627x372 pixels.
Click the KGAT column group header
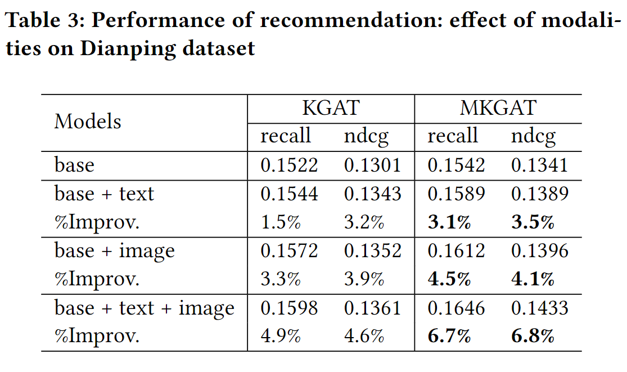tap(331, 107)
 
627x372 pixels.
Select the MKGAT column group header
tap(498, 107)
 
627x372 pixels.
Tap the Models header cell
tap(88, 122)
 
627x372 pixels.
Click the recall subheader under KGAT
tap(286, 136)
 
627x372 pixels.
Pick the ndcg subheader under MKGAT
tap(533, 137)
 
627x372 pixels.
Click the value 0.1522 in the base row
tap(289, 165)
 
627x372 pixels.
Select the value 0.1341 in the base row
tap(539, 165)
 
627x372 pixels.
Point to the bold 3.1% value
tap(449, 222)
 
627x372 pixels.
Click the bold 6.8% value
tap(533, 337)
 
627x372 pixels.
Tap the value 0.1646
tap(456, 308)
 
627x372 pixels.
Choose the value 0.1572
tap(289, 250)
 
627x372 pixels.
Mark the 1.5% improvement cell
tap(281, 222)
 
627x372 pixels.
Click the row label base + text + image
tap(145, 308)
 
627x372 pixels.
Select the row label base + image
tap(115, 251)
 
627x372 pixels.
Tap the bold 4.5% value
tap(449, 279)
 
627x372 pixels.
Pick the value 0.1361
tap(372, 308)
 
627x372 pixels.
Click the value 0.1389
tap(539, 194)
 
